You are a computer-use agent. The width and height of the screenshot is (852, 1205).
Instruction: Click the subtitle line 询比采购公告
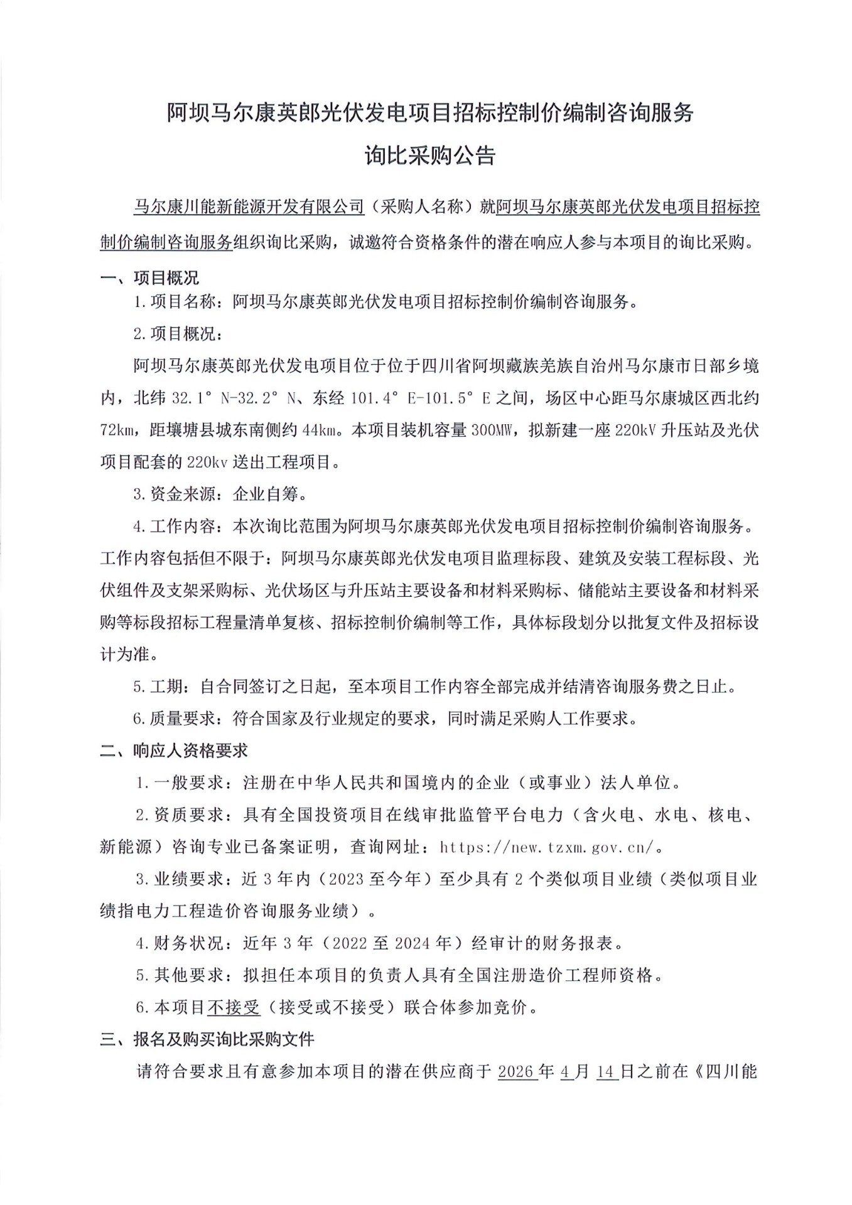(430, 155)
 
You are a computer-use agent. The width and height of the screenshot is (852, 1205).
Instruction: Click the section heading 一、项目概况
(149, 277)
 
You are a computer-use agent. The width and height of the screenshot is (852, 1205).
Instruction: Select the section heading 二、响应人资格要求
(174, 750)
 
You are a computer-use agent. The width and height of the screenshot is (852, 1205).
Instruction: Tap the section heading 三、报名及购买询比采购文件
(207, 1039)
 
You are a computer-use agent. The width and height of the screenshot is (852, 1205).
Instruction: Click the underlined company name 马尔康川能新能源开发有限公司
(249, 206)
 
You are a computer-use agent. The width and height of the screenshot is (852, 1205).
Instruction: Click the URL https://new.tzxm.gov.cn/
(546, 847)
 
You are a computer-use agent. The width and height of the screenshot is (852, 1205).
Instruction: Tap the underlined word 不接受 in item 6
(234, 1007)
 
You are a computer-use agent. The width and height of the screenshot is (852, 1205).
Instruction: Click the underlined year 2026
(517, 1071)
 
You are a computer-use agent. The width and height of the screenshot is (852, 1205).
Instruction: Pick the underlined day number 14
(607, 1071)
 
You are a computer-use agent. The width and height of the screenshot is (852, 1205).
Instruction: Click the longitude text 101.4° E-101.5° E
(419, 398)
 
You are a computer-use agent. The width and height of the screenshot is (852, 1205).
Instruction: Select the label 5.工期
(159, 686)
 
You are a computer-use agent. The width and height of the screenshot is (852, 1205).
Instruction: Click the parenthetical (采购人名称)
(421, 206)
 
